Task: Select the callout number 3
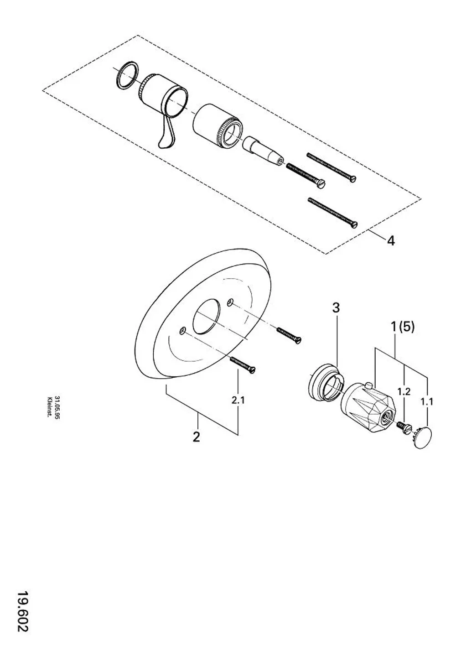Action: (x=336, y=307)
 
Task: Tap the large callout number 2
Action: (x=196, y=437)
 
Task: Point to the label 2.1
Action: (x=238, y=400)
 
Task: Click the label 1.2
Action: (x=404, y=391)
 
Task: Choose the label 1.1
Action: (x=427, y=401)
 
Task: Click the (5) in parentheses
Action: (x=406, y=327)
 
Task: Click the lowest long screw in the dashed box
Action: (x=333, y=213)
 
